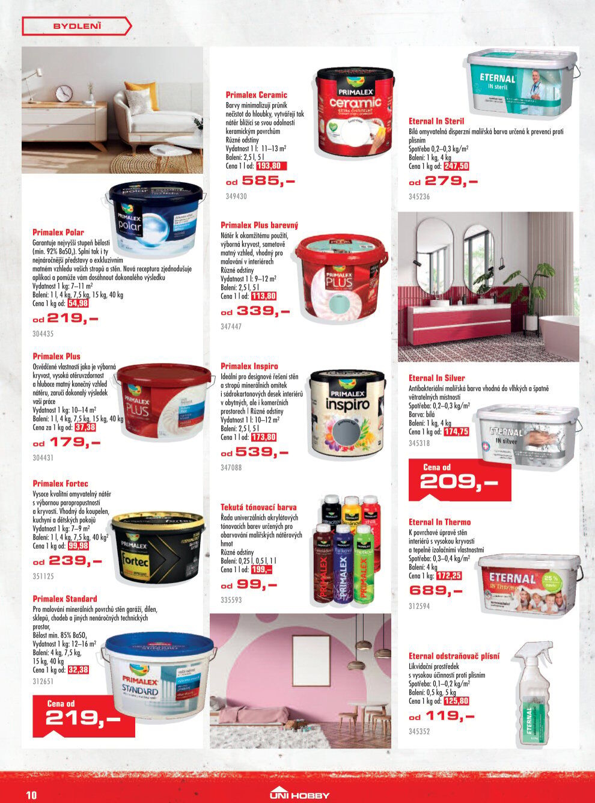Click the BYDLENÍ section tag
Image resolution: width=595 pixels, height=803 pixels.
(77, 26)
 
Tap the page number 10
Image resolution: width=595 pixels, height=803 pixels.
(31, 795)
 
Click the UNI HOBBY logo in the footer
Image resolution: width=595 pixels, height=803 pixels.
(299, 794)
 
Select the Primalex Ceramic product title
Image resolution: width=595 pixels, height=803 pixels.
(256, 95)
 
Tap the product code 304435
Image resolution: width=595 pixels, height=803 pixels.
(43, 334)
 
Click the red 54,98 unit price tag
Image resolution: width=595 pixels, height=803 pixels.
(78, 304)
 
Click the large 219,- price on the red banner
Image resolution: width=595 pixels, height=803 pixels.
(83, 718)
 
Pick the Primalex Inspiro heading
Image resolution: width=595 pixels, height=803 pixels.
(249, 366)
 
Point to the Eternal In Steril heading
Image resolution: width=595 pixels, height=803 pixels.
(436, 121)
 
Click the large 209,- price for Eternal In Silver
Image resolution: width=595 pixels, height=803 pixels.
(459, 481)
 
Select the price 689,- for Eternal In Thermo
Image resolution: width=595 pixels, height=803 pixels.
(436, 590)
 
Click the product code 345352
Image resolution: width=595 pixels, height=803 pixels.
(420, 732)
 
